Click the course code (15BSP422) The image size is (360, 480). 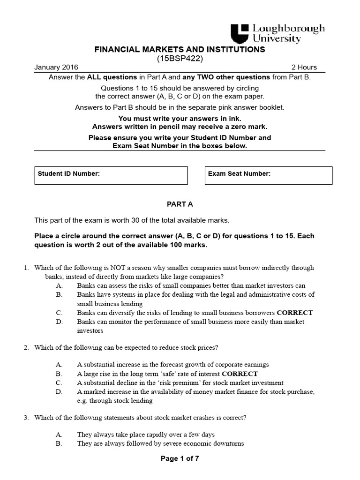(180, 58)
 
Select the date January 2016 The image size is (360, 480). (56, 67)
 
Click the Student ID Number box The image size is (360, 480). (111, 175)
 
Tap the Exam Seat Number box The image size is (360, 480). (269, 175)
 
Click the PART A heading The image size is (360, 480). (180, 204)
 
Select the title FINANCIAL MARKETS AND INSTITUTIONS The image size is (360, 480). (180, 49)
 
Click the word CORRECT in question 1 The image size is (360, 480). (295, 313)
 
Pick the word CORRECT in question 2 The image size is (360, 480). (240, 374)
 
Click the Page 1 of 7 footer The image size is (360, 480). (180, 459)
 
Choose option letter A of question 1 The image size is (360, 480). (59, 285)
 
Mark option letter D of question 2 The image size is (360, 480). (59, 392)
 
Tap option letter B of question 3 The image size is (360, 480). (59, 444)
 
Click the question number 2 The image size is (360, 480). (26, 347)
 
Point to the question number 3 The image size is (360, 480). (26, 417)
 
